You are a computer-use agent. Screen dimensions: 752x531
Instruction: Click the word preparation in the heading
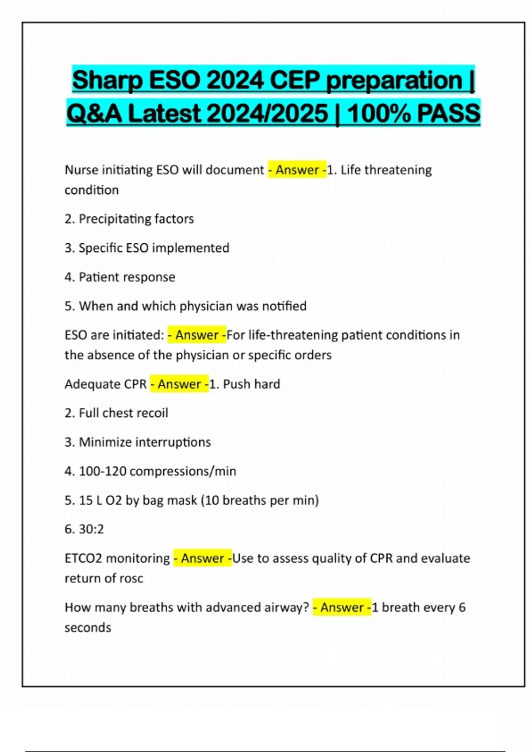coord(394,81)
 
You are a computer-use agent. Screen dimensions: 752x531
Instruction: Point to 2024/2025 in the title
coord(267,114)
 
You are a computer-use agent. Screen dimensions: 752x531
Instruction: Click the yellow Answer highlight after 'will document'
coord(297,170)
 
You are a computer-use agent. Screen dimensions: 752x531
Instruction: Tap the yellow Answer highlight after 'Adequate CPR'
coord(179,384)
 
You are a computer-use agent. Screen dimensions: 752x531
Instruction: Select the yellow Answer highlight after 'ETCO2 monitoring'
coord(203,558)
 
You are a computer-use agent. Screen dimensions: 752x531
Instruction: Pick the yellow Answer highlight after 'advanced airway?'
coord(342,607)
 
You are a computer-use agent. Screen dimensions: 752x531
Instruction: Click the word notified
coord(284,306)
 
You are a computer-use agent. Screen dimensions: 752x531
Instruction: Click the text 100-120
coord(103,471)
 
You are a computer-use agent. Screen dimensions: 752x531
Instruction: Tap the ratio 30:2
coord(91,529)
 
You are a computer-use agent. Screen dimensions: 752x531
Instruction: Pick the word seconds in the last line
coord(88,628)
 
